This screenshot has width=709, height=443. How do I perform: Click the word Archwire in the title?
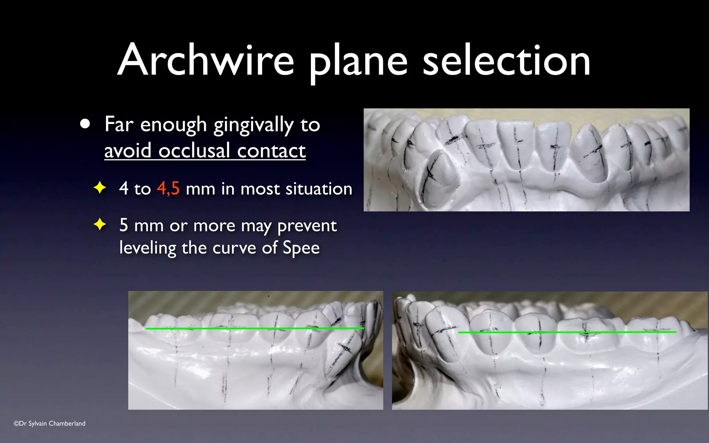[206, 60]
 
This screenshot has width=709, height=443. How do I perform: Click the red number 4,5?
[168, 189]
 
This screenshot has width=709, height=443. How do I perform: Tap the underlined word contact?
[271, 151]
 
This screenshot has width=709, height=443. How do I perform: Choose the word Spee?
[301, 248]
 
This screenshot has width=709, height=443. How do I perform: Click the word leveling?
[148, 248]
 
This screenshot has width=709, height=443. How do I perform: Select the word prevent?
[307, 226]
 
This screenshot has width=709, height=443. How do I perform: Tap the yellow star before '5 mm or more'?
[100, 224]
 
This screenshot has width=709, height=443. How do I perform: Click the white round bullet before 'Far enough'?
[85, 124]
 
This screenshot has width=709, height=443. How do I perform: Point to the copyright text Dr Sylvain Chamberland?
[50, 423]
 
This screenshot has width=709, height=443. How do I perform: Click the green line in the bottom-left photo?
[254, 328]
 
